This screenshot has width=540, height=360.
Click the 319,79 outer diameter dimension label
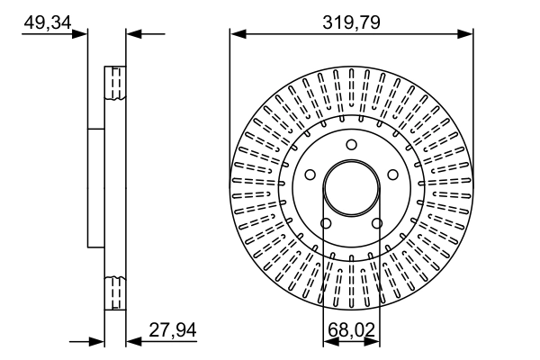tap(350, 22)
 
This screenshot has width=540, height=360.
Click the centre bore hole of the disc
tap(351, 188)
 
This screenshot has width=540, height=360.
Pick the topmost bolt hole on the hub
tap(351, 149)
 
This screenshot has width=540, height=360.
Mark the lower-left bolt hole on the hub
tap(327, 222)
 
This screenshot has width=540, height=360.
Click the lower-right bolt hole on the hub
tap(375, 222)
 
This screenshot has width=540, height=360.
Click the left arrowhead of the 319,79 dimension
tap(237, 34)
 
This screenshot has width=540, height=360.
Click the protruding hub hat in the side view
tap(96, 188)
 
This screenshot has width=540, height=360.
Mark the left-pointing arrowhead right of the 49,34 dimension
tap(131, 34)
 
